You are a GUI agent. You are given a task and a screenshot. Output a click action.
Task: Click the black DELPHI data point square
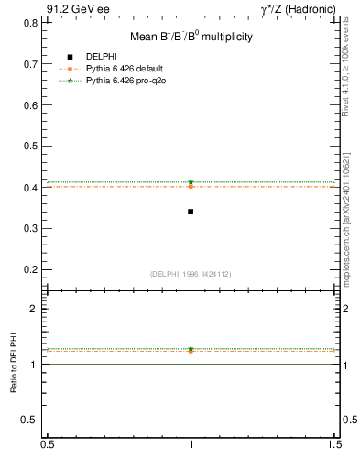pyautogui.click(x=191, y=212)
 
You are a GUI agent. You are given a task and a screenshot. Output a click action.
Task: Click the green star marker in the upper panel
pyautogui.click(x=191, y=182)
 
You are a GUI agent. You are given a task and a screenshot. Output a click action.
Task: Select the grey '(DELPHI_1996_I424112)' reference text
pyautogui.click(x=191, y=273)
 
